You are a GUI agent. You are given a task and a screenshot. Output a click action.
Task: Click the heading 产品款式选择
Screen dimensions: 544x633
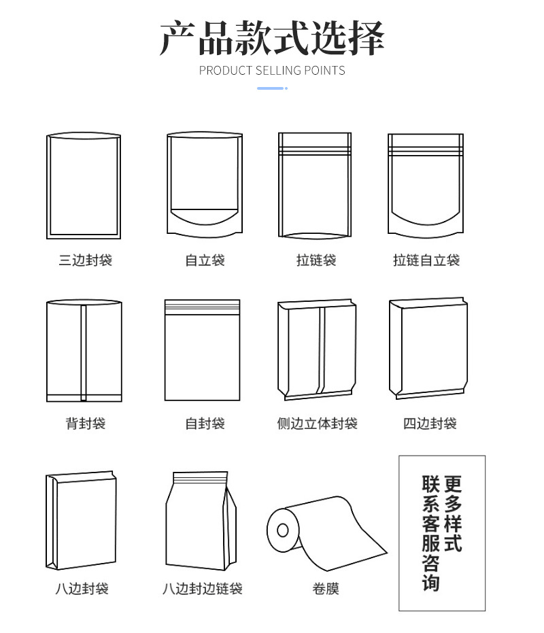pos(272,37)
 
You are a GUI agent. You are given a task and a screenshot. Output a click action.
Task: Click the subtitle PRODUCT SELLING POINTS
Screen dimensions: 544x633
pos(272,71)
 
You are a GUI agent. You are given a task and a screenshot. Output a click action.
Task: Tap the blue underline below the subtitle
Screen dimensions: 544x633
pos(272,88)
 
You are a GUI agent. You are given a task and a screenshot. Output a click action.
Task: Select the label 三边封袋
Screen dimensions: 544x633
pos(85,260)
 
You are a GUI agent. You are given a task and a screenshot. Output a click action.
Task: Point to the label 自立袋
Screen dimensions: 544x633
pos(205,260)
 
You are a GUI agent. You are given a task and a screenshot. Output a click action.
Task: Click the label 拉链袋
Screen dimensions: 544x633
pos(316,260)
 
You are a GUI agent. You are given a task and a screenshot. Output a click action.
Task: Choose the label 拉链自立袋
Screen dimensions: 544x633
pos(426,260)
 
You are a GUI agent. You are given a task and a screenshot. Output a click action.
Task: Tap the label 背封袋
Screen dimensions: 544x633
pos(85,424)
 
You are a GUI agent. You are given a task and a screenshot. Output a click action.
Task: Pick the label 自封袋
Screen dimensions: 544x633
pos(205,424)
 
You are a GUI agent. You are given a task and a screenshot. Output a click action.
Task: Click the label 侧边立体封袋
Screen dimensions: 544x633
pos(317,424)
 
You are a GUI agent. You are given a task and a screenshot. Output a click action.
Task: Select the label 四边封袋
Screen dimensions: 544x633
pos(430,424)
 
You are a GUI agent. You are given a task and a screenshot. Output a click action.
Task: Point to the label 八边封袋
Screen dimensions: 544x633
pos(82,589)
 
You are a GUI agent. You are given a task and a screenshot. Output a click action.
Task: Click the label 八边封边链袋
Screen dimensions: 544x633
pos(203,589)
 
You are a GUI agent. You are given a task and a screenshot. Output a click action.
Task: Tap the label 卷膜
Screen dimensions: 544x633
pos(326,589)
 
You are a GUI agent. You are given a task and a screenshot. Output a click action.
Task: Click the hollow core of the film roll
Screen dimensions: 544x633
pos(283,530)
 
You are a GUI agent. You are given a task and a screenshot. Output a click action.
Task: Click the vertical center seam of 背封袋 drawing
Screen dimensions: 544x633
pos(84,352)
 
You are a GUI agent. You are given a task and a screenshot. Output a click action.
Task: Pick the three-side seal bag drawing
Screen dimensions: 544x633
pos(84,186)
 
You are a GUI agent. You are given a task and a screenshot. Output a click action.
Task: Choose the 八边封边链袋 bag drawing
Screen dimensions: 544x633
pos(201,521)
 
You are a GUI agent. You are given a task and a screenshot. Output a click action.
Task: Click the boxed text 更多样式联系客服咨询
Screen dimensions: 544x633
pos(442,533)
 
